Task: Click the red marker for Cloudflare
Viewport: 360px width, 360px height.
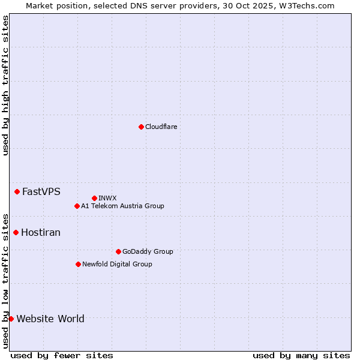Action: point(141,127)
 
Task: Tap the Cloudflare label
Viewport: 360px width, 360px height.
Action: point(161,127)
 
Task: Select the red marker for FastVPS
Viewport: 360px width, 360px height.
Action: point(17,191)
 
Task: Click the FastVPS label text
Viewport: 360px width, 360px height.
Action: point(41,192)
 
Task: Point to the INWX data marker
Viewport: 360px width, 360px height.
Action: point(94,198)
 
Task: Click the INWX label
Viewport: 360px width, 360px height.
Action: point(107,198)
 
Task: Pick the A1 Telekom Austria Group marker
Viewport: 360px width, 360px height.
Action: point(77,206)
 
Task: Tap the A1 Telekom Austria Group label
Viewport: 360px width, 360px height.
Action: point(122,206)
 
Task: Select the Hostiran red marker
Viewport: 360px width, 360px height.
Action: point(16,232)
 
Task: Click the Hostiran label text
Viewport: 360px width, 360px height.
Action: point(41,233)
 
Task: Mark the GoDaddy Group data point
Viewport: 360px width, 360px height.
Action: point(118,251)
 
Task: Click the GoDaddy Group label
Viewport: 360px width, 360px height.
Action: point(148,251)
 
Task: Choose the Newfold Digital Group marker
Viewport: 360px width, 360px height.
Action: point(78,264)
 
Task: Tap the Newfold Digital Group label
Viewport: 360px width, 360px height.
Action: point(117,264)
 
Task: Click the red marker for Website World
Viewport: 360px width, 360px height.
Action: point(11,319)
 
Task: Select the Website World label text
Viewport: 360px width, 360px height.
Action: point(50,319)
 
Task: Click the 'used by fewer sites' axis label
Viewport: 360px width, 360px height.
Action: point(62,355)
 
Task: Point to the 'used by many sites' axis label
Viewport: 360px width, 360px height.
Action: point(301,355)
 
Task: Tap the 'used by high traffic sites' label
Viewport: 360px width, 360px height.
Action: point(5,85)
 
